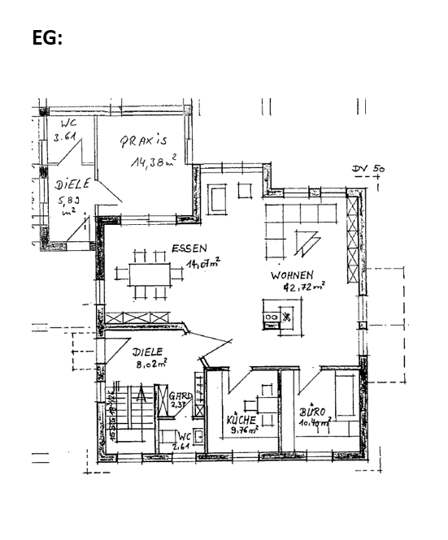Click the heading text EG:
[47, 38]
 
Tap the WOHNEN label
[292, 276]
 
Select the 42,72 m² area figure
[303, 287]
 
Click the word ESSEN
[189, 248]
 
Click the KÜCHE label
[241, 421]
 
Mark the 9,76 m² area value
[244, 431]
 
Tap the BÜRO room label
[312, 412]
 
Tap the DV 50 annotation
[368, 171]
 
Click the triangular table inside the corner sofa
[305, 240]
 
